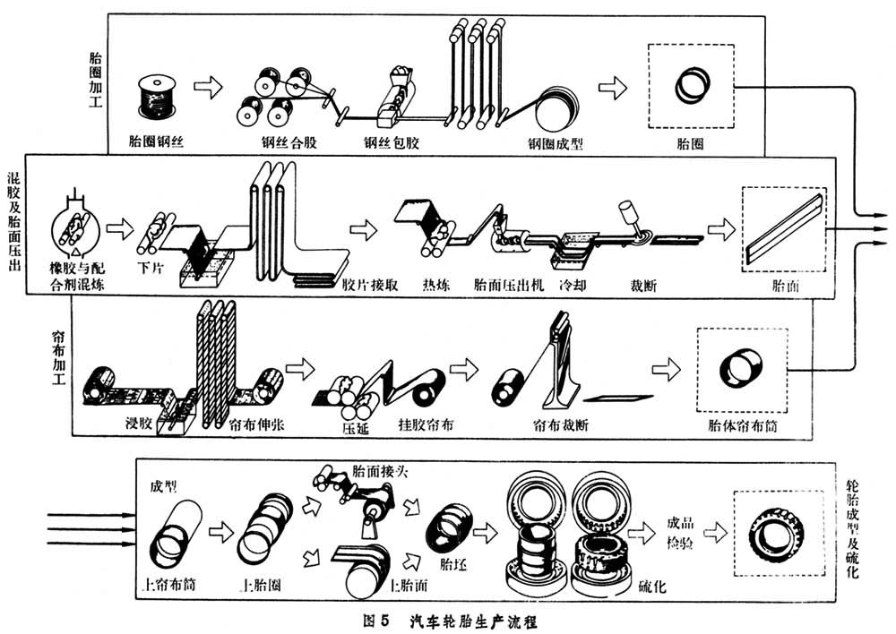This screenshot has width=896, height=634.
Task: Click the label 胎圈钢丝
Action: click(157, 141)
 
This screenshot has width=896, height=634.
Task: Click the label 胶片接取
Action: click(370, 286)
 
